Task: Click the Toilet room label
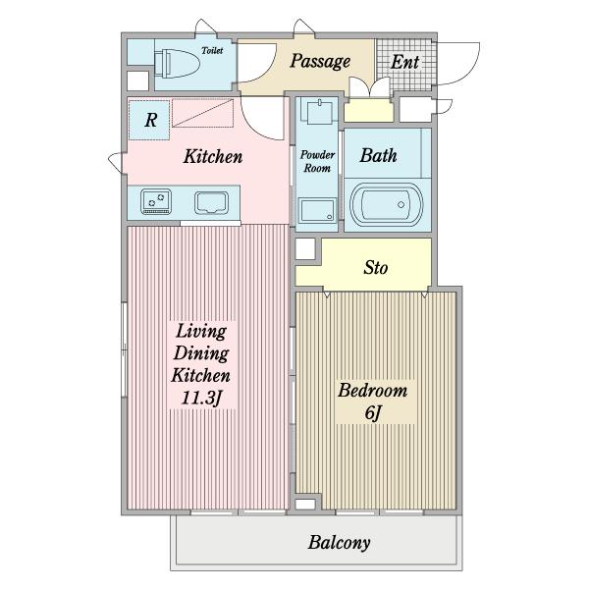pos(212,50)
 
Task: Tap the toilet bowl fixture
pos(177,64)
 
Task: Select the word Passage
pos(320,61)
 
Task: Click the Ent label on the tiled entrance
pos(404,63)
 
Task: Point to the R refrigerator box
pos(149,120)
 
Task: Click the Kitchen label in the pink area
pos(213,156)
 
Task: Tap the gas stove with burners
pos(156,201)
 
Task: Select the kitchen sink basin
pos(211,203)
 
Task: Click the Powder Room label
pos(317,162)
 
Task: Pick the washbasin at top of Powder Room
pos(319,112)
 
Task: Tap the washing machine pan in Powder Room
pos(317,210)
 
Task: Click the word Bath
pos(378,155)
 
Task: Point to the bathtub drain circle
pos(402,205)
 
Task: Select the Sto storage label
pos(376,267)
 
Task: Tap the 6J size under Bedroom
pos(373,413)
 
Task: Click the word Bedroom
pos(373,391)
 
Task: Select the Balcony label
pos(340,543)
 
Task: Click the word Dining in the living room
pos(201,353)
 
